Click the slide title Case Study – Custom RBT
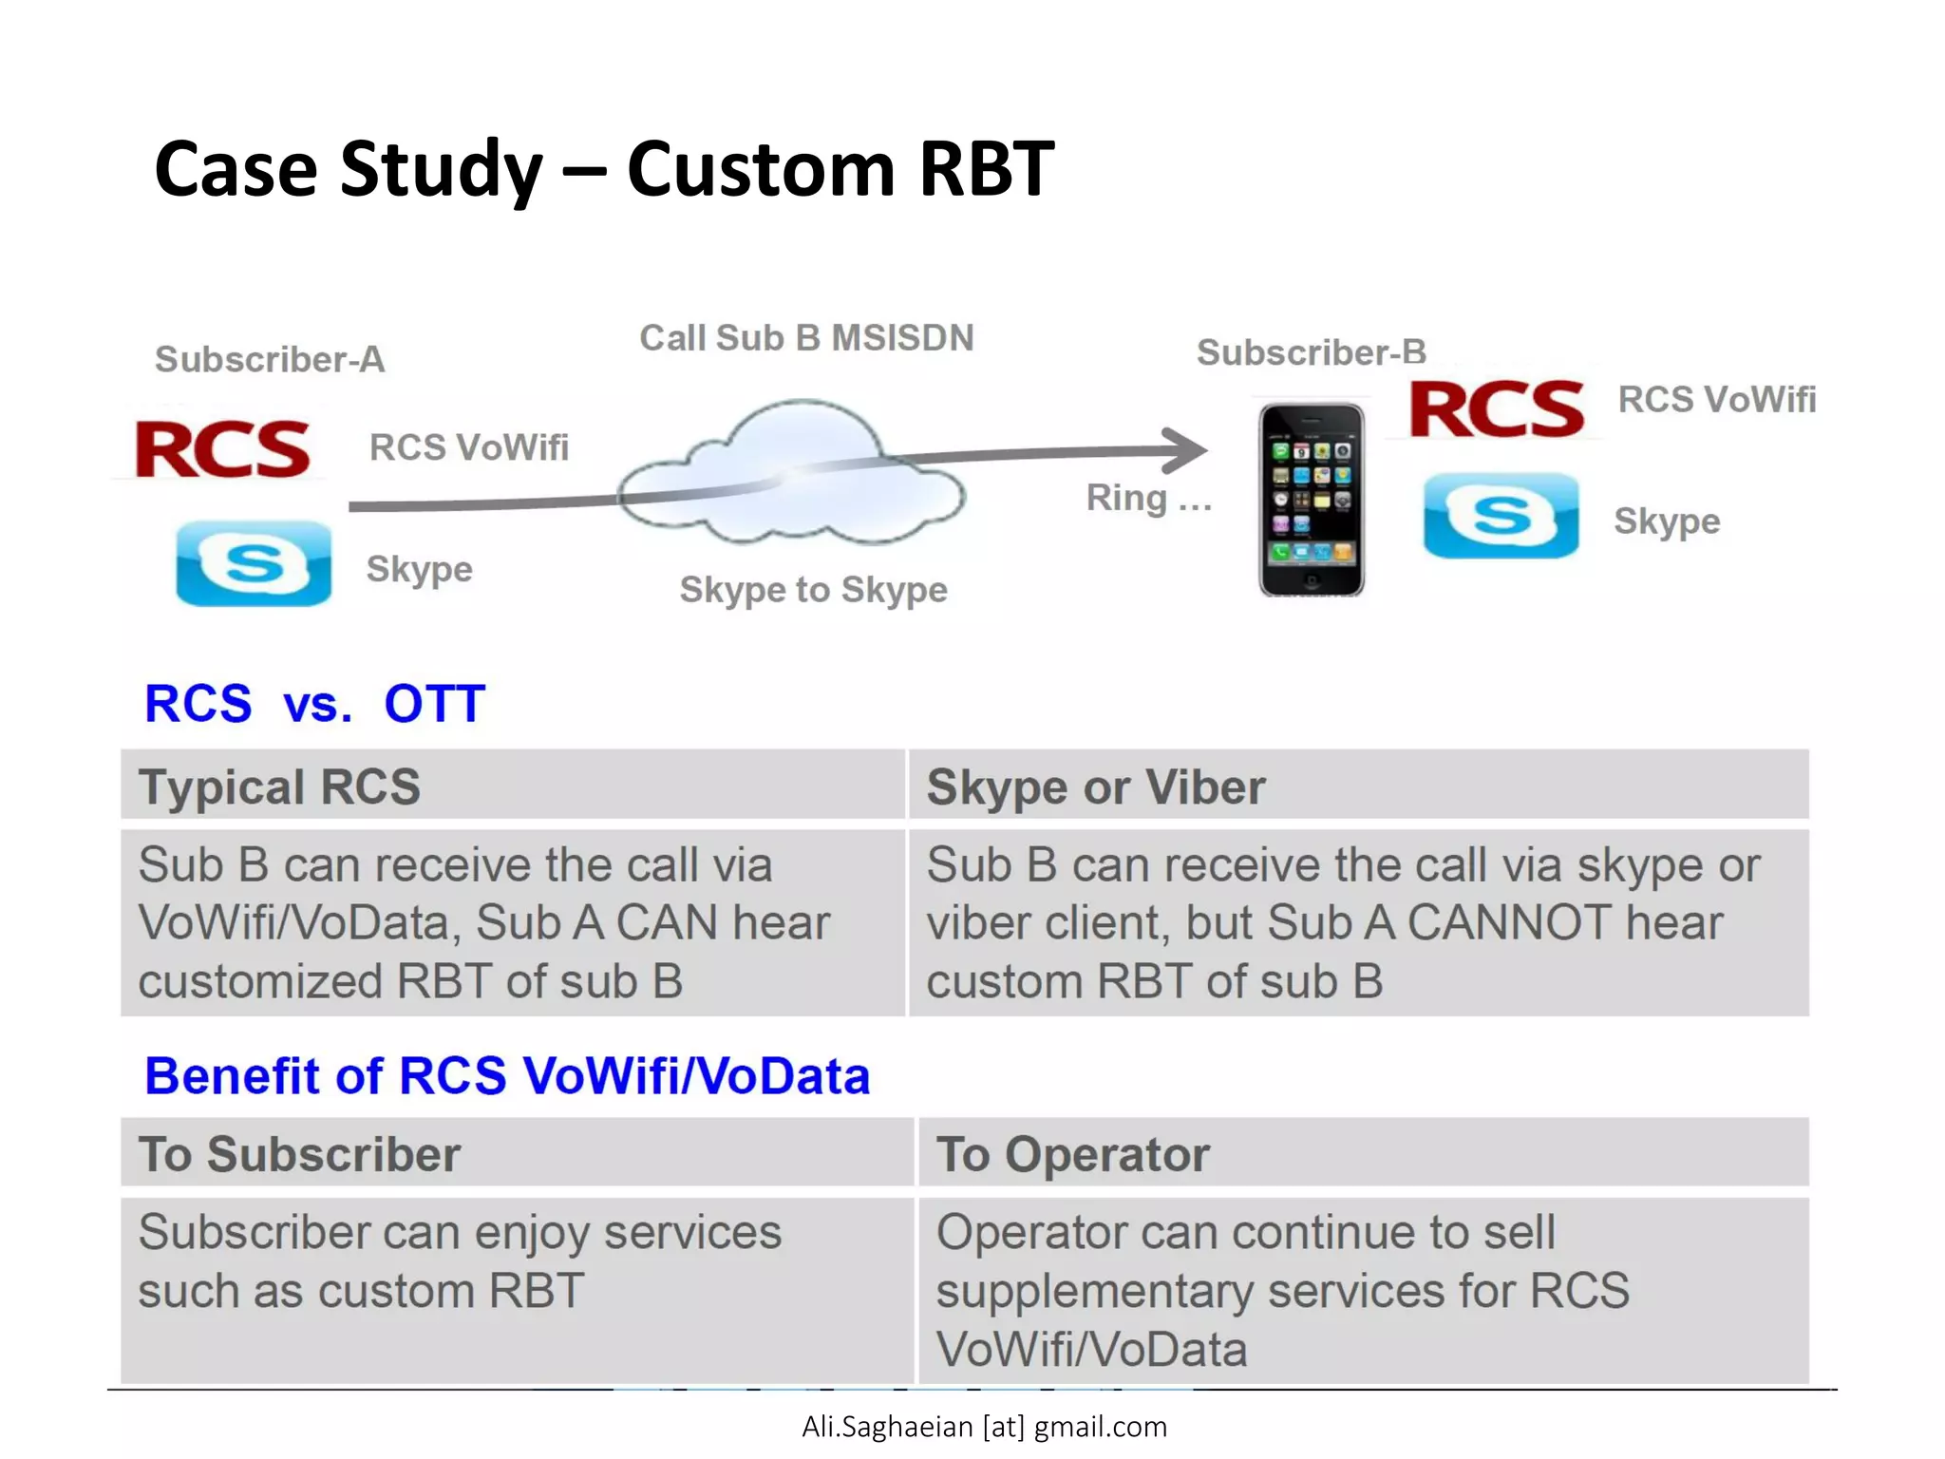(604, 169)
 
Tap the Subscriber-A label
(270, 360)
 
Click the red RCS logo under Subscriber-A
(223, 449)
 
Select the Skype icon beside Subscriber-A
(254, 563)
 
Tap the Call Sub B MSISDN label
(806, 338)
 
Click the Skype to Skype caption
(813, 590)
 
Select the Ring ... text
(1148, 498)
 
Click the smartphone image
(1312, 499)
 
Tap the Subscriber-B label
(1311, 352)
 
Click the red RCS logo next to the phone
(1497, 409)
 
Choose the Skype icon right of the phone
(1501, 516)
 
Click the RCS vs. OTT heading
(314, 704)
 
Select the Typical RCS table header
(279, 786)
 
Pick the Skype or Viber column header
(1096, 786)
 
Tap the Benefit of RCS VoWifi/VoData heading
(507, 1076)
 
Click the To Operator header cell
(1073, 1154)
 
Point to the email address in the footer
(984, 1427)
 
